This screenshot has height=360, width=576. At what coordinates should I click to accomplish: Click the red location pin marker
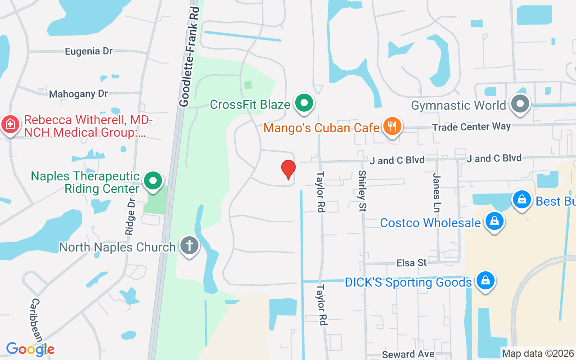click(x=288, y=170)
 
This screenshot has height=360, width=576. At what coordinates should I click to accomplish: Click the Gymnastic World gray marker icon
click(x=521, y=104)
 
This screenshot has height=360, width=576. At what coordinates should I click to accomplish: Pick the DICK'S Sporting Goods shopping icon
click(x=486, y=281)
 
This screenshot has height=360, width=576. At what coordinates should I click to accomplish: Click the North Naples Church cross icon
click(x=189, y=246)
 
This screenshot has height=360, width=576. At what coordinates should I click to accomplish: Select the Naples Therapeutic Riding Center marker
click(x=153, y=180)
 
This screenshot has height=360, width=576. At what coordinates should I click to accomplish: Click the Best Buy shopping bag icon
click(x=522, y=198)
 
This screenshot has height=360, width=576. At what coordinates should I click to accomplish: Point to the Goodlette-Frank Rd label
click(x=189, y=57)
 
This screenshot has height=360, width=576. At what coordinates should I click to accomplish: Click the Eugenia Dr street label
click(x=89, y=51)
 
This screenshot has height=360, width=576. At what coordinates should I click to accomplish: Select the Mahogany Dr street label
click(x=79, y=94)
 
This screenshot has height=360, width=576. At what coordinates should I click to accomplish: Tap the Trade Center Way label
click(x=471, y=127)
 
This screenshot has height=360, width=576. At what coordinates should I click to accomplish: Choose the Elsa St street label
click(x=411, y=262)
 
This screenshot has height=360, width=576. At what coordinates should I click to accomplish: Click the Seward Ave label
click(x=408, y=354)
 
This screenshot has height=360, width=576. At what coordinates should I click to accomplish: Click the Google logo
click(x=30, y=349)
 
